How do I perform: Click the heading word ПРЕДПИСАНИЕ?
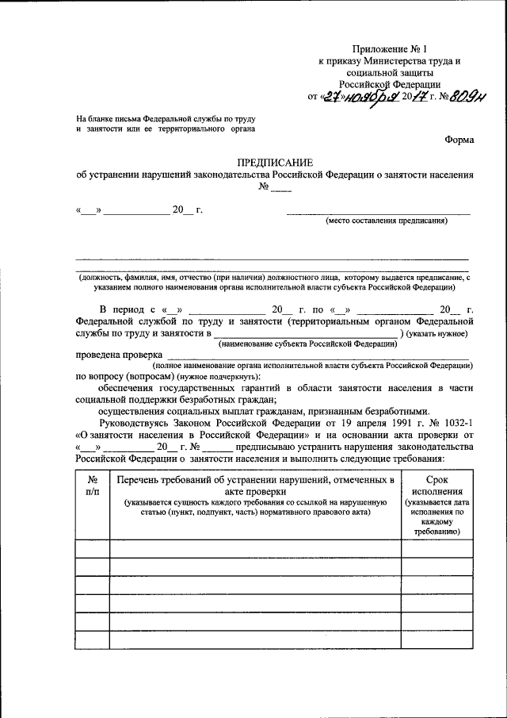point(275,162)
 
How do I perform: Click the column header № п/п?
point(92,486)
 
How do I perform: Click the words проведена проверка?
point(119,355)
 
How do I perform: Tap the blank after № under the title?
point(280,190)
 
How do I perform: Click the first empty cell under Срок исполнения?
point(436,548)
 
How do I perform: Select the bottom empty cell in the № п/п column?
point(92,639)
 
